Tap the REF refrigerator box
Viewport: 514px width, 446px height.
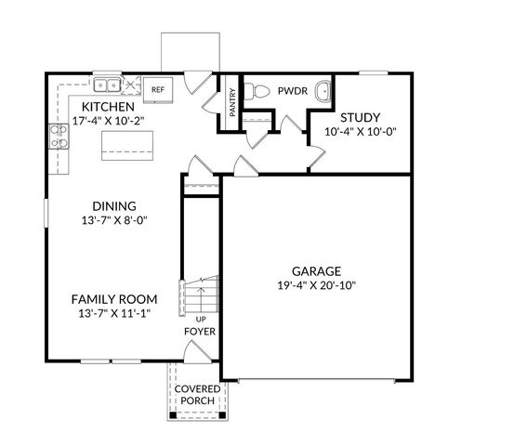(158, 89)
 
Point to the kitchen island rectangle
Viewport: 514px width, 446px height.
(126, 143)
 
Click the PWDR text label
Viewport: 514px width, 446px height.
(292, 92)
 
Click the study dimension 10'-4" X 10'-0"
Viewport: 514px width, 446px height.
(359, 132)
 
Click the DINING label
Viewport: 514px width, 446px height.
(114, 206)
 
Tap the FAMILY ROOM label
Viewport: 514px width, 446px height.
(114, 299)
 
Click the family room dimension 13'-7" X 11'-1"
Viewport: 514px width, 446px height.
(114, 314)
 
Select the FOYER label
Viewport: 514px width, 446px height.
(199, 332)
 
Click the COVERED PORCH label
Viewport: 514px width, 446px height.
(196, 394)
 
